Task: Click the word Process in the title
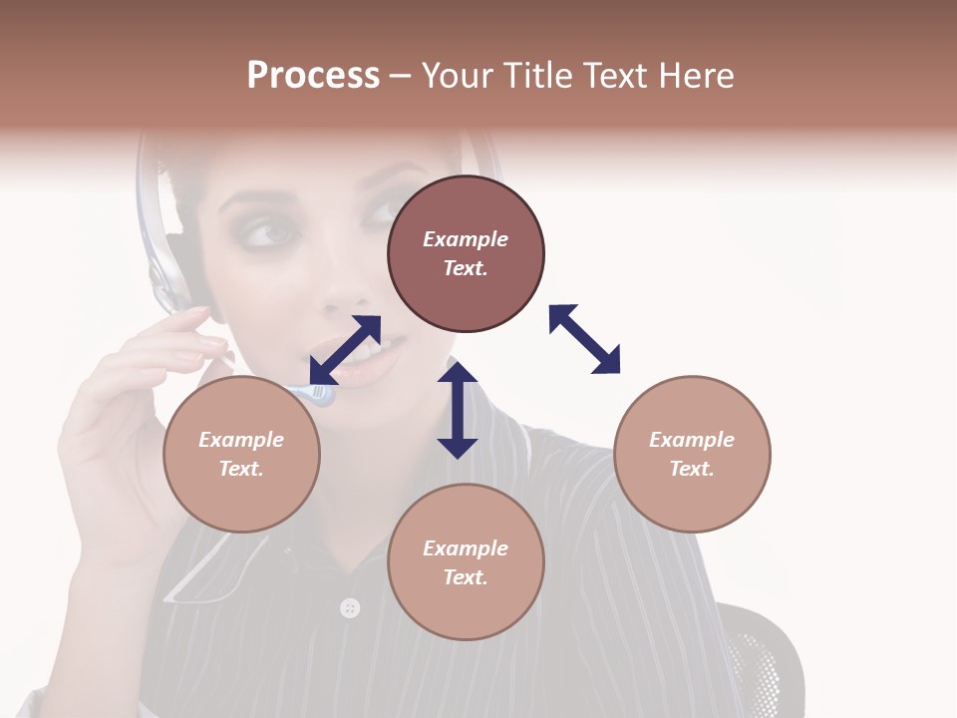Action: (x=313, y=76)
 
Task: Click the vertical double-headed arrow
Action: (x=458, y=410)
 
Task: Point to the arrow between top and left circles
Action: (x=345, y=350)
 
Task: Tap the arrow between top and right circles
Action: (x=584, y=339)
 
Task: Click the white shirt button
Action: (x=349, y=607)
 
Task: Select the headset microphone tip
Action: (x=322, y=395)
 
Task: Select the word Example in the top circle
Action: (x=466, y=239)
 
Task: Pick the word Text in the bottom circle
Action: (x=465, y=577)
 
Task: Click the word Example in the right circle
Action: (x=692, y=440)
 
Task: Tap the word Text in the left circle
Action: (x=241, y=469)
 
